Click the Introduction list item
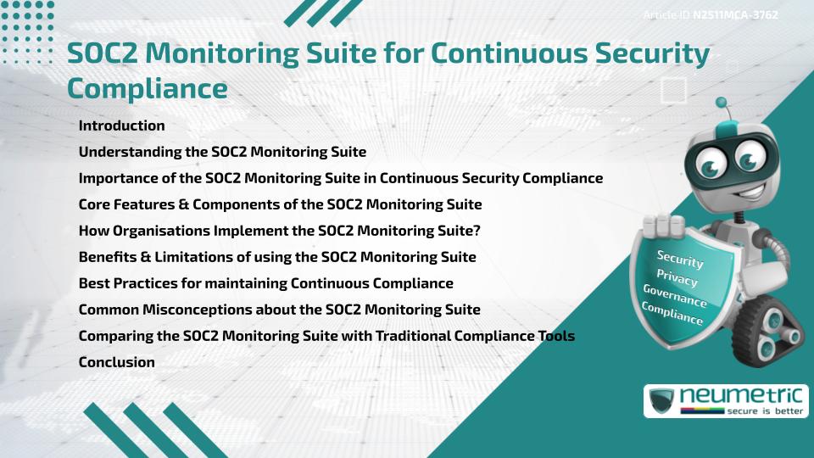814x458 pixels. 121,126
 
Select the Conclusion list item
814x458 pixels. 116,362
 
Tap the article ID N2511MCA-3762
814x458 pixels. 735,14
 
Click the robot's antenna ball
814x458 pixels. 722,103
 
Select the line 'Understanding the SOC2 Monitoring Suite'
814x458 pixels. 222,152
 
